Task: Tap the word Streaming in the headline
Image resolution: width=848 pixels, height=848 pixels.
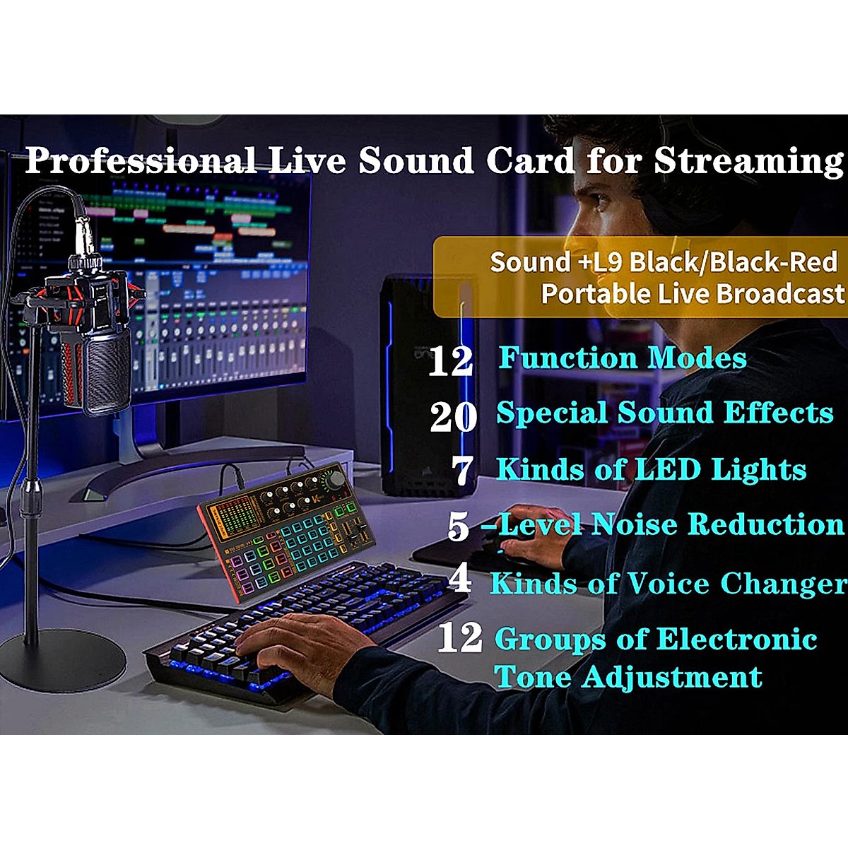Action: click(748, 161)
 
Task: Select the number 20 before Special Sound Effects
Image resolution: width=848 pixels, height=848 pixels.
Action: click(453, 416)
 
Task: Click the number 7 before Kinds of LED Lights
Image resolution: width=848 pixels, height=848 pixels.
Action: click(462, 471)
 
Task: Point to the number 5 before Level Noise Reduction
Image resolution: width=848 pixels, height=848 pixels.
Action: click(458, 526)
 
